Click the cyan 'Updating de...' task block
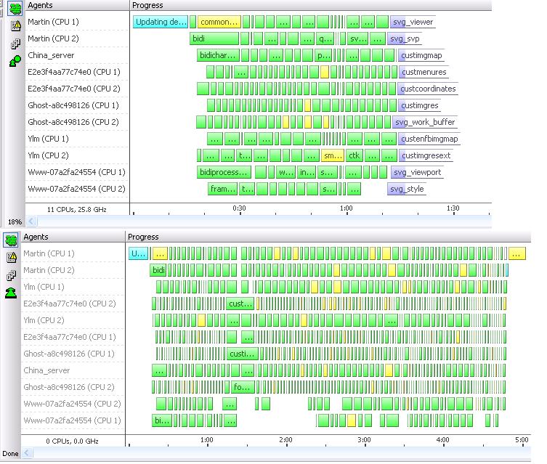pyautogui.click(x=161, y=22)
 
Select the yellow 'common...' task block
pyautogui.click(x=219, y=22)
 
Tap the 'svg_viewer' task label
pyautogui.click(x=412, y=22)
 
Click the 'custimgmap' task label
pyautogui.click(x=421, y=55)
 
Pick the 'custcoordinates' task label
pyautogui.click(x=428, y=89)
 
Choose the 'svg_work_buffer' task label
pyautogui.click(x=424, y=122)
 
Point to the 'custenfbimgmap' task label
pyautogui.click(x=429, y=139)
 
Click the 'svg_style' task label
pyautogui.click(x=406, y=189)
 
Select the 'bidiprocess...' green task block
pyautogui.click(x=224, y=172)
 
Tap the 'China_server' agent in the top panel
pyautogui.click(x=51, y=55)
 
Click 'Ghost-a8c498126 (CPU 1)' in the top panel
pyautogui.click(x=73, y=105)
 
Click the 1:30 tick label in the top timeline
pyautogui.click(x=453, y=208)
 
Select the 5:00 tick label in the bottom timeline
pyautogui.click(x=521, y=440)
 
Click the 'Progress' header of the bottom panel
pyautogui.click(x=143, y=237)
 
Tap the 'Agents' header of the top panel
pyautogui.click(x=40, y=5)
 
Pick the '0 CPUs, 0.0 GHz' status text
pyautogui.click(x=72, y=441)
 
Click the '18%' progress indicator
pyautogui.click(x=14, y=221)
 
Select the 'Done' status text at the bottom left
pyautogui.click(x=10, y=453)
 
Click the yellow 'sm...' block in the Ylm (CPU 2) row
pyautogui.click(x=332, y=155)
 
